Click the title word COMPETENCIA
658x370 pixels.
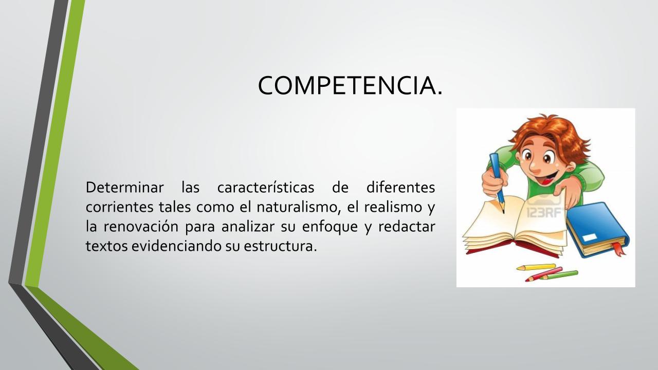[350, 85]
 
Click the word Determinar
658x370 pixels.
[124, 188]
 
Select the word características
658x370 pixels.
[266, 188]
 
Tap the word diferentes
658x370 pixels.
[400, 188]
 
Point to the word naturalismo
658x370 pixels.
[298, 207]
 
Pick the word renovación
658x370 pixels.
[141, 227]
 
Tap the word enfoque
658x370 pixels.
[330, 227]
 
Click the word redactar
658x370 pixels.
[407, 227]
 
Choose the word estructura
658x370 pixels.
[280, 246]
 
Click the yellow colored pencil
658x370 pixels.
[536, 267]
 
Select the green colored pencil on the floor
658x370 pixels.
[560, 275]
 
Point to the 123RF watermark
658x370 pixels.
[545, 213]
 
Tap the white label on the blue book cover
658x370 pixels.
[590, 237]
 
